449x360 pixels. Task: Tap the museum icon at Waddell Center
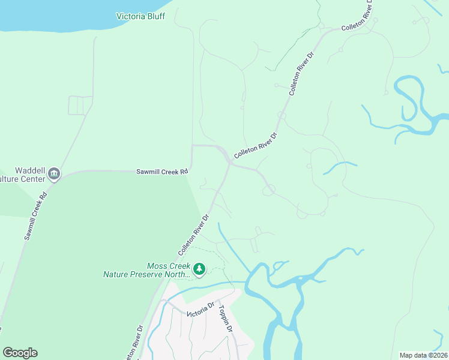tap(54, 174)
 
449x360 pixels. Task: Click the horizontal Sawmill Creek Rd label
tap(162, 172)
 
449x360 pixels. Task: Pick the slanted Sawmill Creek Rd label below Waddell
tap(35, 217)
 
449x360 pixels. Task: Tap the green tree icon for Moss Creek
tap(199, 270)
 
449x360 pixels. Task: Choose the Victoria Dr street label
tap(200, 310)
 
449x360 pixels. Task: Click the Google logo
tap(20, 353)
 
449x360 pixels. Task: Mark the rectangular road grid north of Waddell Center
tap(80, 105)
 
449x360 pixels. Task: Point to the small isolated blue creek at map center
tap(340, 167)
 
